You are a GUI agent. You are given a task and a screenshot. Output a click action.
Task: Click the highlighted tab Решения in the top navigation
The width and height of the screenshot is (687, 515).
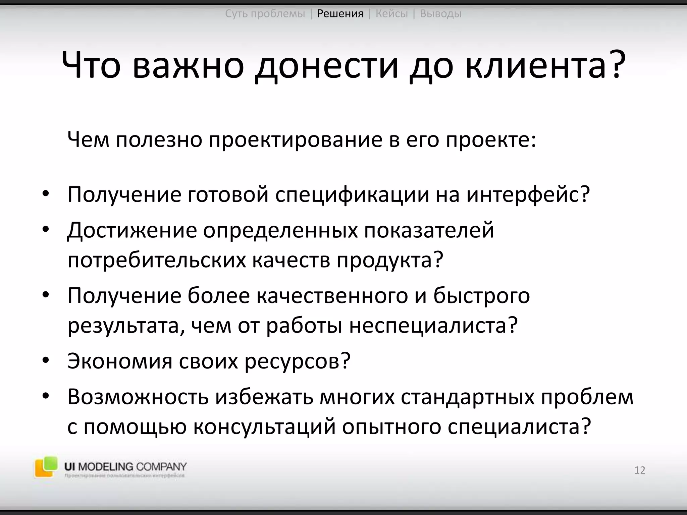coord(340,14)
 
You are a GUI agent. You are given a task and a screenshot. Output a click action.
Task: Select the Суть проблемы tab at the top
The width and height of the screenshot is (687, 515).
coord(265,14)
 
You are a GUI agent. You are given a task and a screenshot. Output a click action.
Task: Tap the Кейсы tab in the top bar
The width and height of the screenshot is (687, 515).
coord(392,14)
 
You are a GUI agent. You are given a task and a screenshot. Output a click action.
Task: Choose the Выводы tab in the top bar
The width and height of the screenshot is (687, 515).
coord(441,14)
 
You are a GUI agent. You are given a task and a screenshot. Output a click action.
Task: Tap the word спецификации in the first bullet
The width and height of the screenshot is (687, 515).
coord(352,194)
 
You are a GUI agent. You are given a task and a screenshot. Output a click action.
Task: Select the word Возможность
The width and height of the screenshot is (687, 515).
coord(138,397)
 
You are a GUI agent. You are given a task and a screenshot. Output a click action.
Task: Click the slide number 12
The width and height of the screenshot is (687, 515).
coord(640,470)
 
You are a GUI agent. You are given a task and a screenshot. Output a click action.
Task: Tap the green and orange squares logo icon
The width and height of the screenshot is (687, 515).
coord(45,466)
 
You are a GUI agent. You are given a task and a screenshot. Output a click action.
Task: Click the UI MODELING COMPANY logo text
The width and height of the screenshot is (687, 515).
coord(125,467)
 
